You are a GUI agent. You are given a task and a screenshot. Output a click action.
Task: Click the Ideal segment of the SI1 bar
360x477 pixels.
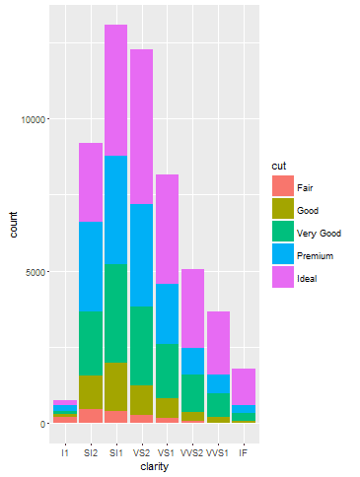click(x=116, y=90)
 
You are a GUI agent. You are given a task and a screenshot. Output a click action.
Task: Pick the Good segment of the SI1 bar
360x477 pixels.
click(x=116, y=386)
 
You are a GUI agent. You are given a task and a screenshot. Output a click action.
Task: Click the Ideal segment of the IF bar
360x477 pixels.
click(x=244, y=386)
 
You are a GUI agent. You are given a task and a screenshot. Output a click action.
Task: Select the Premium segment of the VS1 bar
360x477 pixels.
click(x=168, y=313)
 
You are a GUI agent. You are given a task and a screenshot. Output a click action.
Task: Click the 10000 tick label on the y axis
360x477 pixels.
click(x=33, y=119)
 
